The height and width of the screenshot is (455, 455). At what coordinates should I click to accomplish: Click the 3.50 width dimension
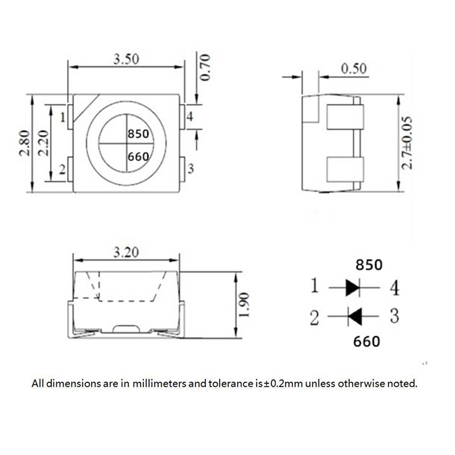tap(126, 59)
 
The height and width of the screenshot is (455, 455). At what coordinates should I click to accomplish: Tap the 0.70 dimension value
tap(205, 67)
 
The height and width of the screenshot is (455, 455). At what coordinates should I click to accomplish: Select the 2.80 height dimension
tap(24, 143)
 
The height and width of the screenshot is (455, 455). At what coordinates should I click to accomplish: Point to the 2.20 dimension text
tap(44, 143)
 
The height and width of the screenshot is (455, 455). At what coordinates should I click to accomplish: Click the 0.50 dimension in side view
tap(354, 68)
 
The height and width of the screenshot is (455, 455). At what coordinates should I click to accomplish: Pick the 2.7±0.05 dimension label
tap(407, 143)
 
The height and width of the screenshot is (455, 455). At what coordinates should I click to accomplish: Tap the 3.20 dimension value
tap(126, 252)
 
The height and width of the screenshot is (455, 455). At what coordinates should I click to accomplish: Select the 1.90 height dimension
tap(243, 305)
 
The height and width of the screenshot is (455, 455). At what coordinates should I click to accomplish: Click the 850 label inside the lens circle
tap(138, 134)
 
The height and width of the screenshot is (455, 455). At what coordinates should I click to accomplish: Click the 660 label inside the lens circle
tap(138, 157)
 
